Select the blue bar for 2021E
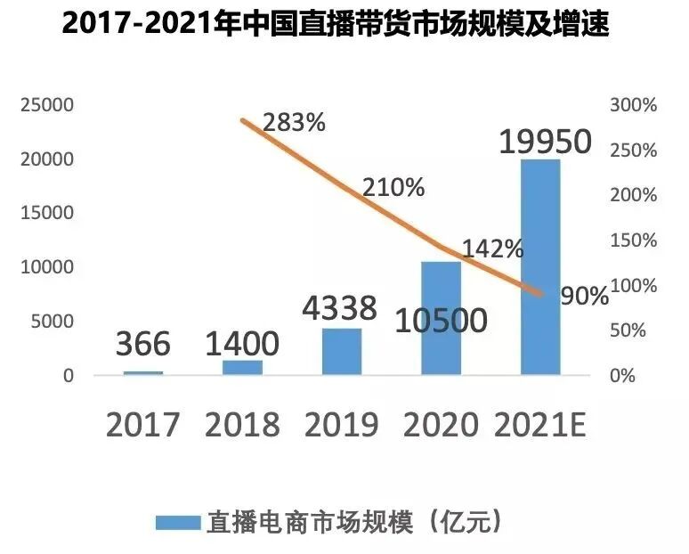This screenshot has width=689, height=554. pyautogui.click(x=540, y=267)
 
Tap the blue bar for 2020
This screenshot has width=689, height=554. pyautogui.click(x=441, y=318)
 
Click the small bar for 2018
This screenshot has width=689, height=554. pyautogui.click(x=242, y=367)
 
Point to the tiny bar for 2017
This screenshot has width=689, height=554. pyautogui.click(x=142, y=372)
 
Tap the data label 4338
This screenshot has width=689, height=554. pyautogui.click(x=339, y=308)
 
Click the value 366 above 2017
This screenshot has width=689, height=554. pyautogui.click(x=142, y=344)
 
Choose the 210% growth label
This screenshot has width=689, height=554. pyautogui.click(x=393, y=188)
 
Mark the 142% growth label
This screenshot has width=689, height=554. pyautogui.click(x=492, y=249)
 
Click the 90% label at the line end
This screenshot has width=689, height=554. pyautogui.click(x=585, y=296)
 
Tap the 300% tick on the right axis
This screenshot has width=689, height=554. pyautogui.click(x=633, y=105)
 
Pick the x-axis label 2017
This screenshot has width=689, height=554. pyautogui.click(x=142, y=425)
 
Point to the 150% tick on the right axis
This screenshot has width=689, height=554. pyautogui.click(x=633, y=240)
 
